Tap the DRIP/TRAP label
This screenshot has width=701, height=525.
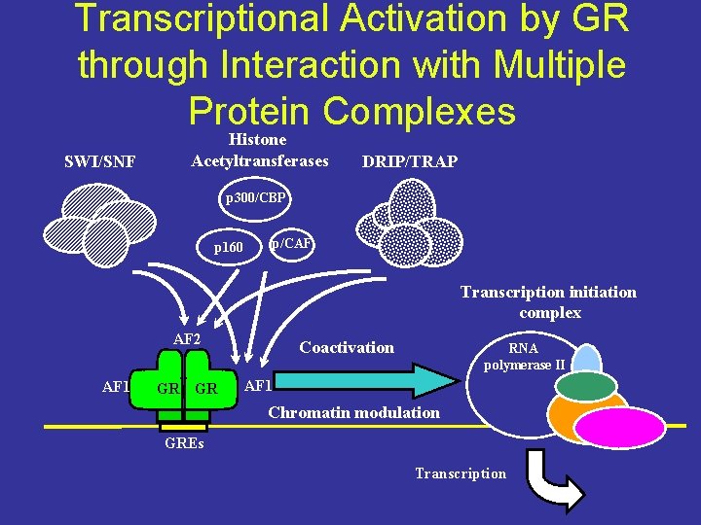click(409, 161)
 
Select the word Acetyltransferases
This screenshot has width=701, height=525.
click(260, 160)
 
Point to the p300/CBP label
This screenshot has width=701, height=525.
click(255, 198)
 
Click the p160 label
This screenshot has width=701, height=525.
click(229, 248)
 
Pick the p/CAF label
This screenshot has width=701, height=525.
click(291, 243)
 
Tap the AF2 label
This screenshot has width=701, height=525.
click(187, 339)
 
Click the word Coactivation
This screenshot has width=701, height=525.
click(347, 347)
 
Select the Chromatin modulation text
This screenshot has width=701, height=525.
click(353, 412)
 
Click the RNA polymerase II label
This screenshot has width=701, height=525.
click(524, 357)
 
